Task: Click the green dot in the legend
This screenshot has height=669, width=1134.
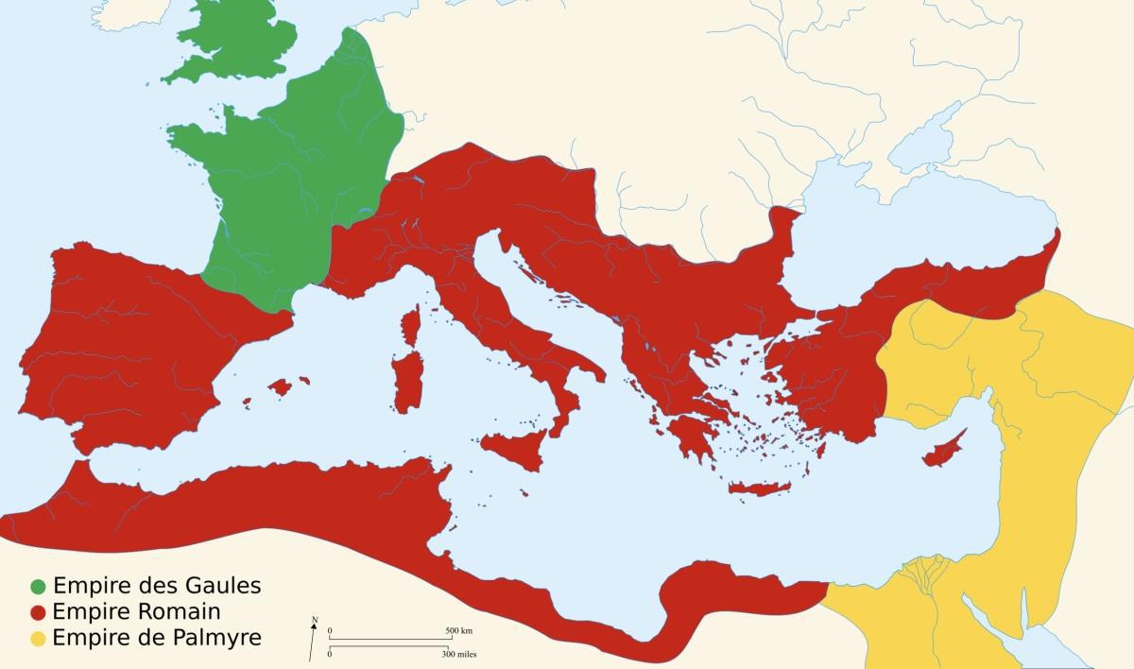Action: tap(38, 586)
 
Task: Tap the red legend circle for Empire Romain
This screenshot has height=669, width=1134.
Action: tap(38, 612)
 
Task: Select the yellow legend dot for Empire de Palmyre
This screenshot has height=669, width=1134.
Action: tap(38, 639)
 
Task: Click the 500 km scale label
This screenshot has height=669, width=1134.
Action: tap(458, 630)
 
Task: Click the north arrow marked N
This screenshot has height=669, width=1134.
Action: tap(313, 636)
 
